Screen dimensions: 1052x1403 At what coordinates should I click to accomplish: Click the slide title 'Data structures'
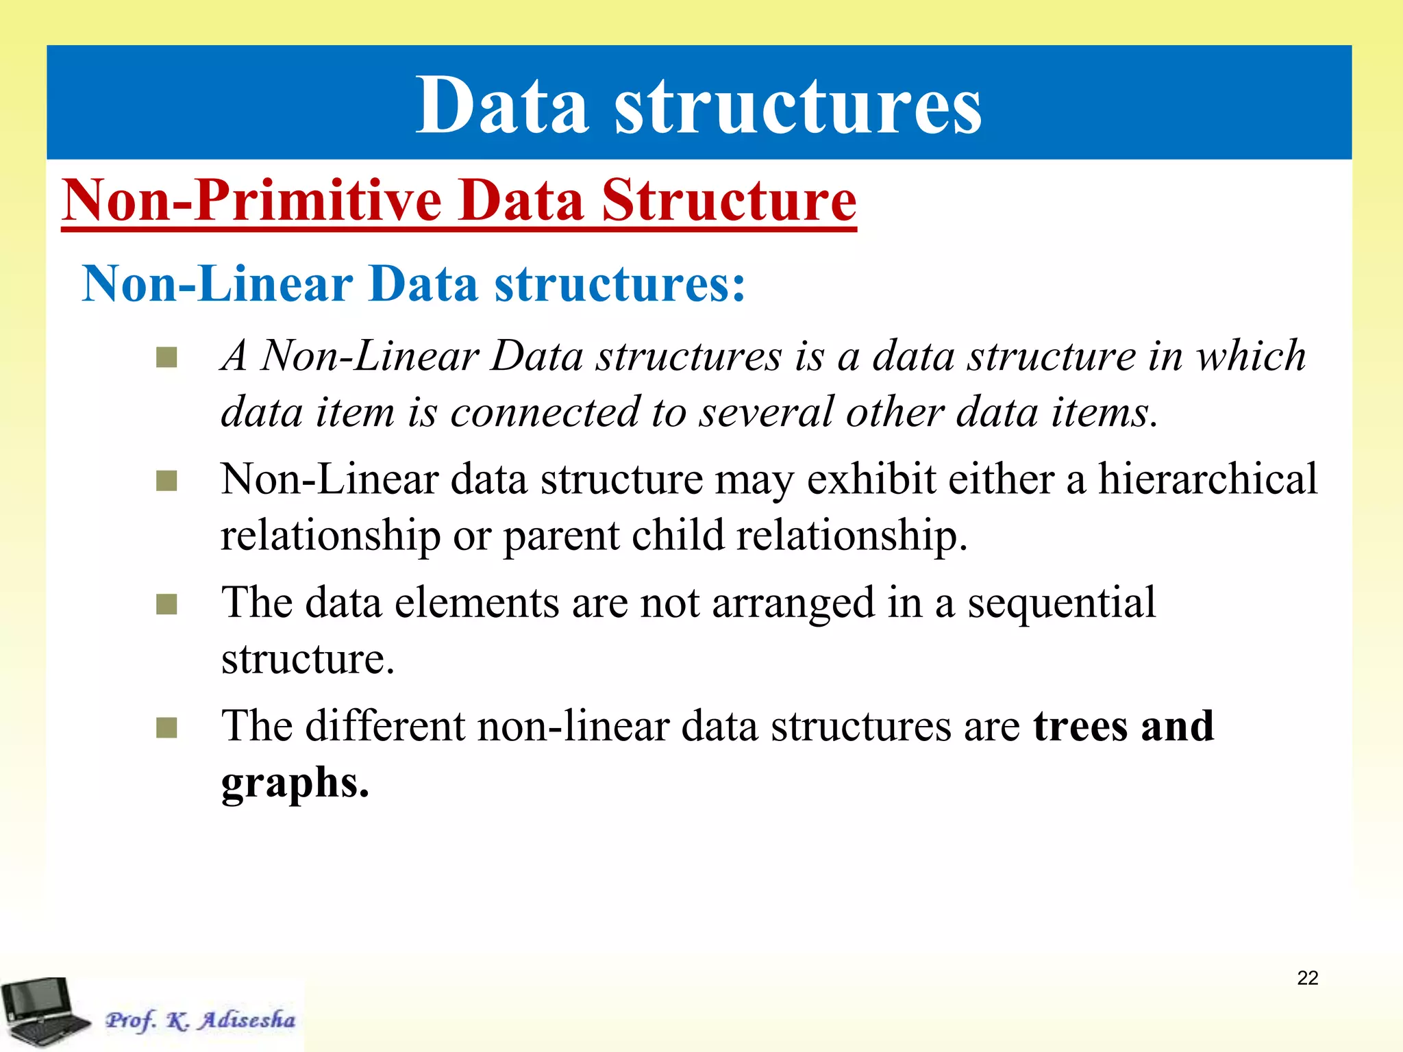pos(699,105)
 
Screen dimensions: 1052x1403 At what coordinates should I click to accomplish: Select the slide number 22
pos(1307,978)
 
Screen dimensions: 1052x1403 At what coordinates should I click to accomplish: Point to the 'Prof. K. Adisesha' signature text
pos(200,1020)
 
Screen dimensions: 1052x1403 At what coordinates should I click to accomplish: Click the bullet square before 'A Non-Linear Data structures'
pos(166,358)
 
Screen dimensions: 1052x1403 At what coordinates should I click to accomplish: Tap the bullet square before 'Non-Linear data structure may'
pos(166,481)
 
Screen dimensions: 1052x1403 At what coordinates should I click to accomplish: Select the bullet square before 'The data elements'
pos(166,604)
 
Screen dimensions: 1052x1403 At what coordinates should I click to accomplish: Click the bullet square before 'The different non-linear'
pos(166,727)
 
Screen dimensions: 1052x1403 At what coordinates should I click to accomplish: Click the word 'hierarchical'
pos(1208,479)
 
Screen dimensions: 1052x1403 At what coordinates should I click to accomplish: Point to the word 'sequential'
pos(1061,603)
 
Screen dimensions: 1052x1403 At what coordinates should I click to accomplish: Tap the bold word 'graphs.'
pos(295,782)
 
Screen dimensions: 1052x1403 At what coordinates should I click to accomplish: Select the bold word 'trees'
pos(1080,726)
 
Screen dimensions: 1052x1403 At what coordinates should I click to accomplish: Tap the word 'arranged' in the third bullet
pos(793,603)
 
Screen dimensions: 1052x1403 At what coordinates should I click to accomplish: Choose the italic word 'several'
pos(765,412)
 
